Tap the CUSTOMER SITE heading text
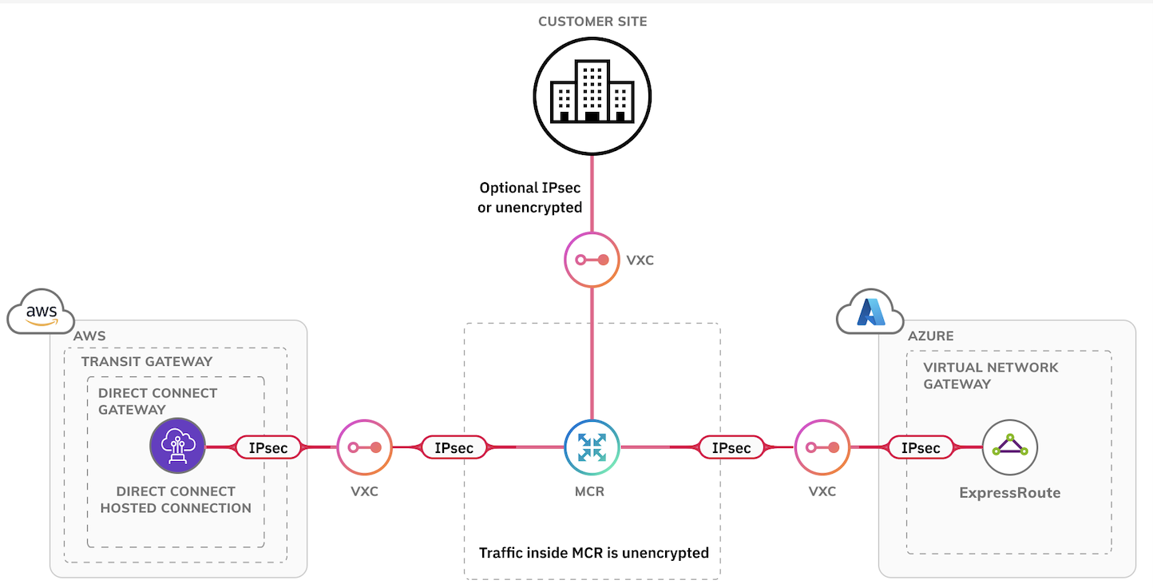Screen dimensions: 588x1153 592,22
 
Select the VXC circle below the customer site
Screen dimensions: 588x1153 592,260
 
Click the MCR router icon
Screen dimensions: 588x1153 592,447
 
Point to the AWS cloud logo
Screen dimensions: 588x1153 41,312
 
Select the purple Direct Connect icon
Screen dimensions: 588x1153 177,446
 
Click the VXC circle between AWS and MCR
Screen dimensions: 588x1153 364,447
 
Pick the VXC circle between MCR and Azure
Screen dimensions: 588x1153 822,447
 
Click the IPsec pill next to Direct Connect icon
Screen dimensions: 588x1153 268,448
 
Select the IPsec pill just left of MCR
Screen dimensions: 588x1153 454,448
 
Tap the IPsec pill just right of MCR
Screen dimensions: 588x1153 731,448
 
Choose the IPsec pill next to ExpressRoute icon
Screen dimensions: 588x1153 920,448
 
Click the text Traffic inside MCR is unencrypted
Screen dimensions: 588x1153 593,553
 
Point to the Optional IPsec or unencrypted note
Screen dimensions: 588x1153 530,197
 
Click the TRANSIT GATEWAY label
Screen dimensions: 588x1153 147,361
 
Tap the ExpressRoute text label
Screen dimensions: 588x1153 1009,493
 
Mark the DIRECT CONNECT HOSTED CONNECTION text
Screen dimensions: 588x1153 176,499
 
